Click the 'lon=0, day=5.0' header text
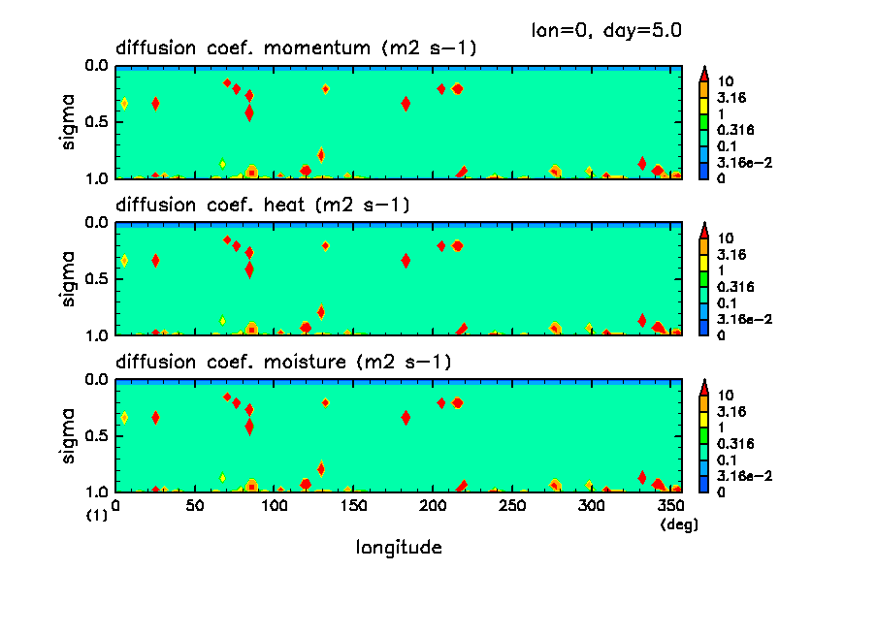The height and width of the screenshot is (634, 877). point(606,30)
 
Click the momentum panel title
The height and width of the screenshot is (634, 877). point(296,48)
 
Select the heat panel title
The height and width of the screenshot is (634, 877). point(263,206)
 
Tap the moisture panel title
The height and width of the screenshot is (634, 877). point(284,363)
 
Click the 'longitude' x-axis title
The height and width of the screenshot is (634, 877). point(399,548)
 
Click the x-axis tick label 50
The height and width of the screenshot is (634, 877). point(195,506)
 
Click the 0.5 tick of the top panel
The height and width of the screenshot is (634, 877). point(95,123)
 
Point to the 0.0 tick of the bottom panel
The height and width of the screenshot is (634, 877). point(95,380)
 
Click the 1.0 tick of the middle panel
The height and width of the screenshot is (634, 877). point(95,335)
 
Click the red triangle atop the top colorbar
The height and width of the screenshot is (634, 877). point(704,73)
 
